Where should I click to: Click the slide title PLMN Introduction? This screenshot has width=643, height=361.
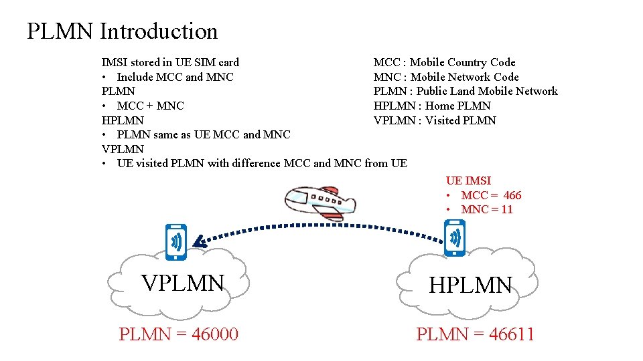pos(122,31)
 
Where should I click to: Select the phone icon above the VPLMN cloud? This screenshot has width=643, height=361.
pos(176,241)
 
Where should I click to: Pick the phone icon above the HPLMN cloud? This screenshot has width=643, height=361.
pos(455,238)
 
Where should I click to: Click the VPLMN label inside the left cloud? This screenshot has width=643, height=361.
pos(182,283)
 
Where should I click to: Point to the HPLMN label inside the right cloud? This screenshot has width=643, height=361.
pos(470,285)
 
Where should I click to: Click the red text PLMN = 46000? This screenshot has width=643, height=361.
pos(178,334)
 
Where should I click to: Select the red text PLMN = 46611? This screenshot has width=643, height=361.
pos(475,334)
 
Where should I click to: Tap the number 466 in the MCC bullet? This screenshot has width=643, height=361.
pos(512,195)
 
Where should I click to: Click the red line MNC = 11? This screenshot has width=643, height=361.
pos(487,209)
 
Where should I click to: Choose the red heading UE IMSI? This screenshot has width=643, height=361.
pos(468,180)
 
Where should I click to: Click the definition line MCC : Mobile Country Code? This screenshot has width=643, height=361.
pos(444,62)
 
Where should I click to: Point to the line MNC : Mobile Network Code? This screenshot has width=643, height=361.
pos(445,77)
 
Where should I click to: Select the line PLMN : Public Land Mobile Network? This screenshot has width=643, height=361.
pos(465,91)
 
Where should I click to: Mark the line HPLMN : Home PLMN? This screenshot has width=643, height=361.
pos(431,106)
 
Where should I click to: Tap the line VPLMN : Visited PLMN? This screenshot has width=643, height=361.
pos(434,120)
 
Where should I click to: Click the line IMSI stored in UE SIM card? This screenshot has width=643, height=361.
pos(170,62)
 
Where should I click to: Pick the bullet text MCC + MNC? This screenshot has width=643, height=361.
pos(150,106)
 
